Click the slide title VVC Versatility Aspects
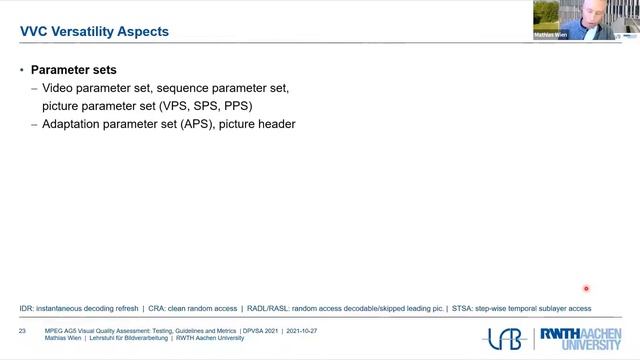[94, 31]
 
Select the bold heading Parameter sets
[74, 71]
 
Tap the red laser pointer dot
[586, 288]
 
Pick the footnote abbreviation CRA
[155, 308]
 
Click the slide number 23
[22, 329]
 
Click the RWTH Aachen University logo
[578, 339]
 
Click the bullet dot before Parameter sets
[22, 71]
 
